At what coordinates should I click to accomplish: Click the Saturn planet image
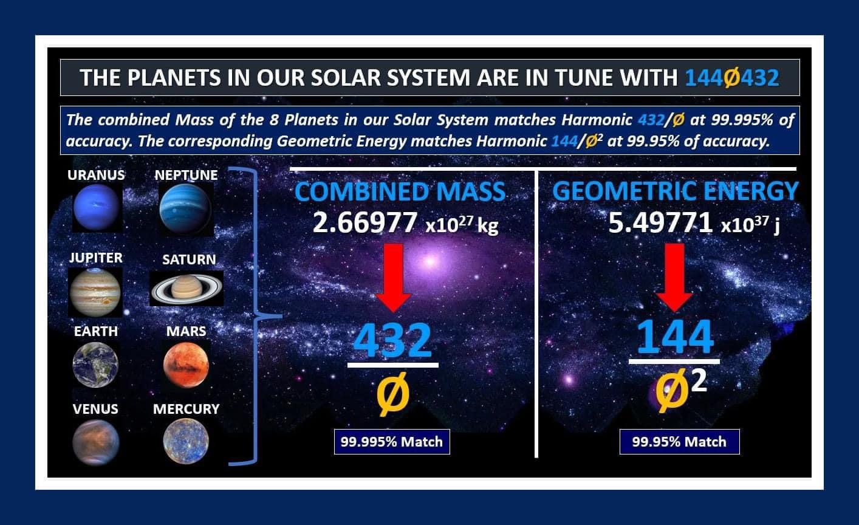click(x=187, y=289)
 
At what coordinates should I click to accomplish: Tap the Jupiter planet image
click(x=95, y=292)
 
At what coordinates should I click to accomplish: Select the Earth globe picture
click(x=95, y=365)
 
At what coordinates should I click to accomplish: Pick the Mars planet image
click(x=186, y=365)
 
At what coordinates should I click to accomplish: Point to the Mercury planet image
click(x=186, y=441)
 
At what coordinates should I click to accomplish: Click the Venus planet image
click(x=96, y=442)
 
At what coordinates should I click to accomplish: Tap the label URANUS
click(x=96, y=175)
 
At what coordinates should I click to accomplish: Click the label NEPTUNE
click(x=186, y=175)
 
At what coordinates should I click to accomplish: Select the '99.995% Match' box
click(x=392, y=442)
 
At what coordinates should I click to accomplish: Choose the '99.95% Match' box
click(x=680, y=442)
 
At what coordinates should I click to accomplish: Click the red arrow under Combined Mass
click(x=394, y=278)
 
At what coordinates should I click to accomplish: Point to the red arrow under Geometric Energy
click(x=674, y=278)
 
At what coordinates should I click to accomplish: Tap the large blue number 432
click(x=392, y=340)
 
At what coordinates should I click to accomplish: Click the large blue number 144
click(x=675, y=337)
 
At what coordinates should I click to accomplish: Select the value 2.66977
click(x=364, y=222)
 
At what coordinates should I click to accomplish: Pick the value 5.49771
click(x=660, y=222)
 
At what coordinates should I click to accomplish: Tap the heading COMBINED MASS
click(x=400, y=191)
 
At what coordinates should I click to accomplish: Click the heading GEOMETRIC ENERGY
click(x=676, y=191)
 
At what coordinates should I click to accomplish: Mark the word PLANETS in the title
click(x=174, y=77)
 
